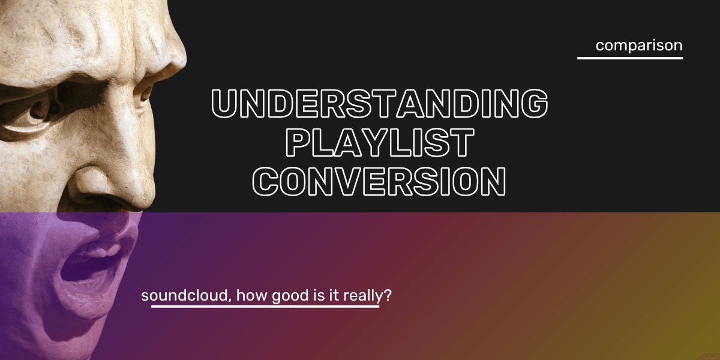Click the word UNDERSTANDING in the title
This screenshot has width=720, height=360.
[380, 103]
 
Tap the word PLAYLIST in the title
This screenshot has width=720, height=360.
[380, 142]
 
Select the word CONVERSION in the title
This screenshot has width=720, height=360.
[379, 181]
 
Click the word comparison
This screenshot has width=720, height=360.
[639, 46]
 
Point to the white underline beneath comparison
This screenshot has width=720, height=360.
[630, 58]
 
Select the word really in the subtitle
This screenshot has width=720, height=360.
[362, 296]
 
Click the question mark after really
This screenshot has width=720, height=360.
[388, 295]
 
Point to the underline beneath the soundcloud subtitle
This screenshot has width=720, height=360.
[265, 307]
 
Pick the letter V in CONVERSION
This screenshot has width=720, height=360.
[348, 181]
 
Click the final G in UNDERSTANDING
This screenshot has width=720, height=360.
[534, 103]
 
